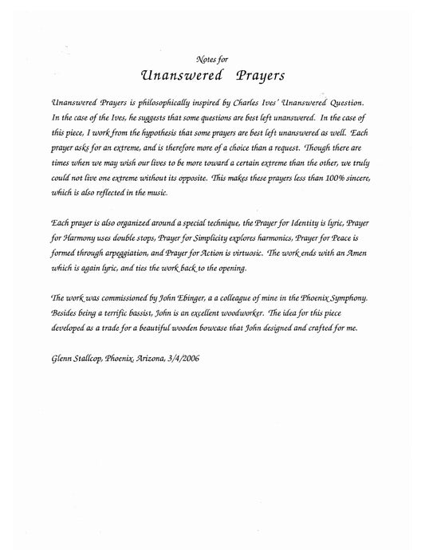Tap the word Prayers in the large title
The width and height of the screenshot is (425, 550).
(x=255, y=76)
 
